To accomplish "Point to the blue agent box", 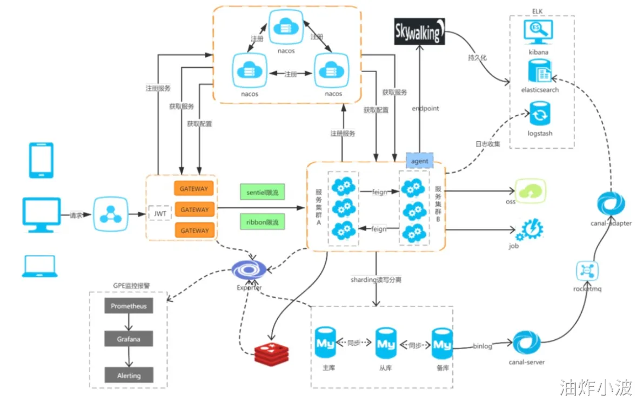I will (420, 161).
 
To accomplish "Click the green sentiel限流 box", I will (263, 192).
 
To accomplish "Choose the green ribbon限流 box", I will (263, 222).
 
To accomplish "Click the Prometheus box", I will (129, 306).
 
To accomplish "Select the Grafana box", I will (129, 339).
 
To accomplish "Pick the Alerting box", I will (129, 375).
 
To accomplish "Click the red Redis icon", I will (271, 353).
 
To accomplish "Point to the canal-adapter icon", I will (611, 205).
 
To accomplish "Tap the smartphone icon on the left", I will (41, 160).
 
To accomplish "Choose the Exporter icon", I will (249, 269).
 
